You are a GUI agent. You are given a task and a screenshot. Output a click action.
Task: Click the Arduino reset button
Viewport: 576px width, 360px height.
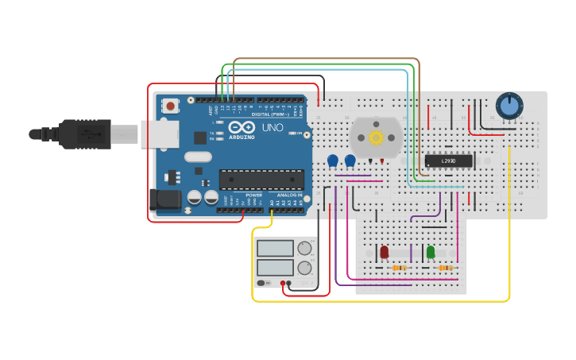[x=171, y=106]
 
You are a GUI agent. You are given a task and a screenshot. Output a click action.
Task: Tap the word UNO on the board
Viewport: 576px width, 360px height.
[x=273, y=127]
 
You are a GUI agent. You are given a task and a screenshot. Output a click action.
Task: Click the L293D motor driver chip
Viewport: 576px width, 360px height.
[x=449, y=161]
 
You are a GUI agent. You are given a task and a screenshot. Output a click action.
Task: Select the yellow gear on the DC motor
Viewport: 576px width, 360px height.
[x=376, y=137]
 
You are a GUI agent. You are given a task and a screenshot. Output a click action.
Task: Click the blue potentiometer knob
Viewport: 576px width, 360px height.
[x=509, y=105]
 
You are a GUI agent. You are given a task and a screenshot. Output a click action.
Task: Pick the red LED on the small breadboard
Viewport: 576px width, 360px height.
[x=385, y=252]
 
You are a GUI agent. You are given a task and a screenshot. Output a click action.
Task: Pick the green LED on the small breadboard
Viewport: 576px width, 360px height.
[x=431, y=252]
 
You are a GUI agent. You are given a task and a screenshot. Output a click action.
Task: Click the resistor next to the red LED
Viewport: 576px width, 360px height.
[x=399, y=268]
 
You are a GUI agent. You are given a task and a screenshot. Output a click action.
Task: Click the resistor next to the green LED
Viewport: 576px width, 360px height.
[x=445, y=268]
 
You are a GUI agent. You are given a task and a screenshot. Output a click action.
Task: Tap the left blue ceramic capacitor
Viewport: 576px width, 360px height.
[x=333, y=161]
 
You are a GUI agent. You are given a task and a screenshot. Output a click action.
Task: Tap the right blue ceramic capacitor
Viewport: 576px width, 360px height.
[x=350, y=161]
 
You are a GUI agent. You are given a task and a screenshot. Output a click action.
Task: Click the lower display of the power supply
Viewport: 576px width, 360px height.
[x=275, y=267]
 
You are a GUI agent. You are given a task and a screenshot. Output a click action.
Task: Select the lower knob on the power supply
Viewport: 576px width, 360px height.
[x=305, y=268]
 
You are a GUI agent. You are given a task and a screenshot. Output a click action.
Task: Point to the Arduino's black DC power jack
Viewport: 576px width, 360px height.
[x=164, y=200]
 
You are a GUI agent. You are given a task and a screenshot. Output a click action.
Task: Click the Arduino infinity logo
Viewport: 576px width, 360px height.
[x=241, y=127]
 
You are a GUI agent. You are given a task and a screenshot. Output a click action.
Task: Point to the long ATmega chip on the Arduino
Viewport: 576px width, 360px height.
[x=261, y=180]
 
